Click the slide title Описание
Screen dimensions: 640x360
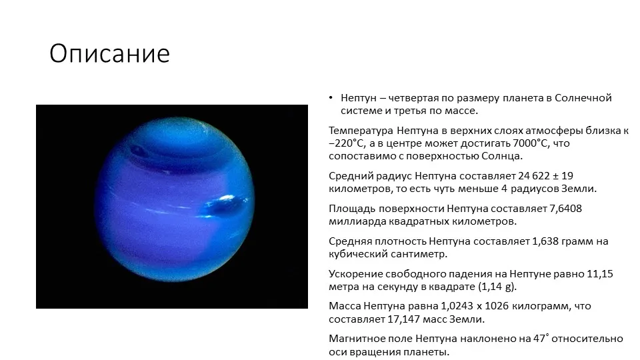click(109, 53)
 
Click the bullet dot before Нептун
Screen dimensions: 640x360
click(331, 98)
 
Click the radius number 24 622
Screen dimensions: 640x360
click(534, 176)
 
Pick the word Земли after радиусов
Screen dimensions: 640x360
click(579, 189)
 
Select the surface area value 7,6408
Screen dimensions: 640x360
click(565, 209)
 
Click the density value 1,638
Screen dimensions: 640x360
click(545, 241)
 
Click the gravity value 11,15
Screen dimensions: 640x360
click(600, 274)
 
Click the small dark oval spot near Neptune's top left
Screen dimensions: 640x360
click(137, 151)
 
